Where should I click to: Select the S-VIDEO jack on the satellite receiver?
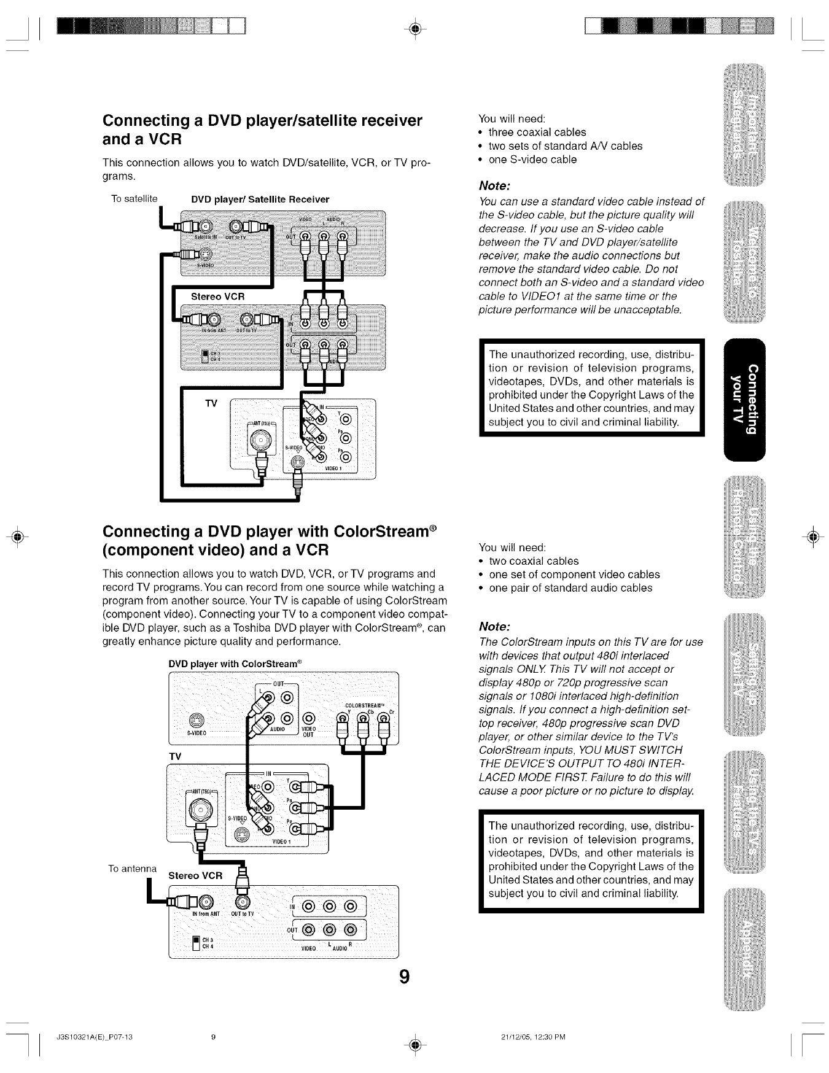pyautogui.click(x=206, y=254)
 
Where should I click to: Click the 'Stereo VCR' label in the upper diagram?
pyautogui.click(x=218, y=296)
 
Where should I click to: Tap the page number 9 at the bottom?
pyautogui.click(x=403, y=977)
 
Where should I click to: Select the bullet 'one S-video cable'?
pyautogui.click(x=532, y=160)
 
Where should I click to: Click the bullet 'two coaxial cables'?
pyautogui.click(x=533, y=561)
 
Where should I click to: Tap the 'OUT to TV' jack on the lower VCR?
pyautogui.click(x=242, y=901)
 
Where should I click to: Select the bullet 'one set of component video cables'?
pyautogui.click(x=574, y=575)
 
